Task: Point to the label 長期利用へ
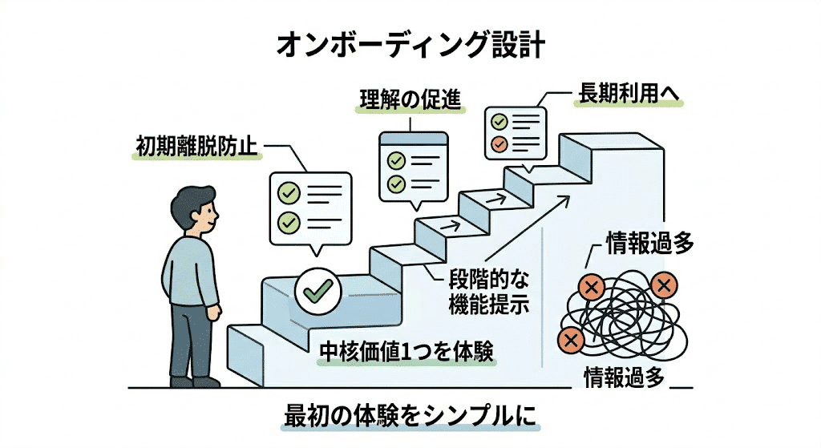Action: pos(628,95)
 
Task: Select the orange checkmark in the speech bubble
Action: pos(499,145)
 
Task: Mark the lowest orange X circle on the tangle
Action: pos(572,340)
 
